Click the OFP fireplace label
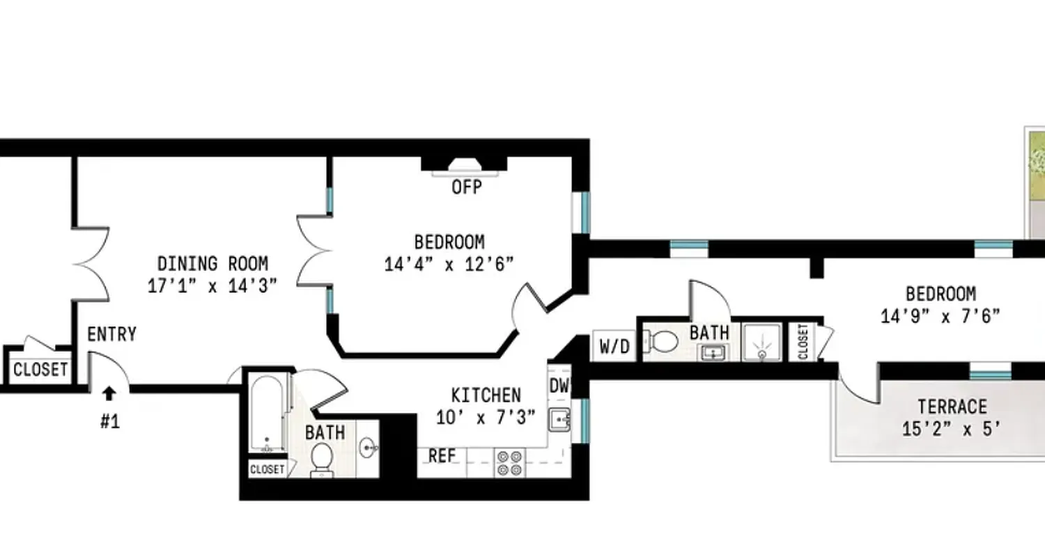[x=466, y=187]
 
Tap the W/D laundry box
[x=614, y=346]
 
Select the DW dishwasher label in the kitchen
[x=559, y=385]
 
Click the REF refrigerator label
[x=442, y=456]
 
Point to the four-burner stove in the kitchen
[x=509, y=463]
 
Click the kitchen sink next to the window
[x=559, y=420]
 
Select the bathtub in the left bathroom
[x=267, y=414]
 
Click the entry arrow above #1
[x=109, y=394]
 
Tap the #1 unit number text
[x=109, y=421]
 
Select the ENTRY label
[x=111, y=334]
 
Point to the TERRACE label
[x=952, y=407]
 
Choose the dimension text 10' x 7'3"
[x=486, y=417]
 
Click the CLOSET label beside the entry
[x=40, y=369]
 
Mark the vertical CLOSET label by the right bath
[x=803, y=342]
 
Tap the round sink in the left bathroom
[x=368, y=448]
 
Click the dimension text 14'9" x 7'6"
[x=940, y=316]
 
